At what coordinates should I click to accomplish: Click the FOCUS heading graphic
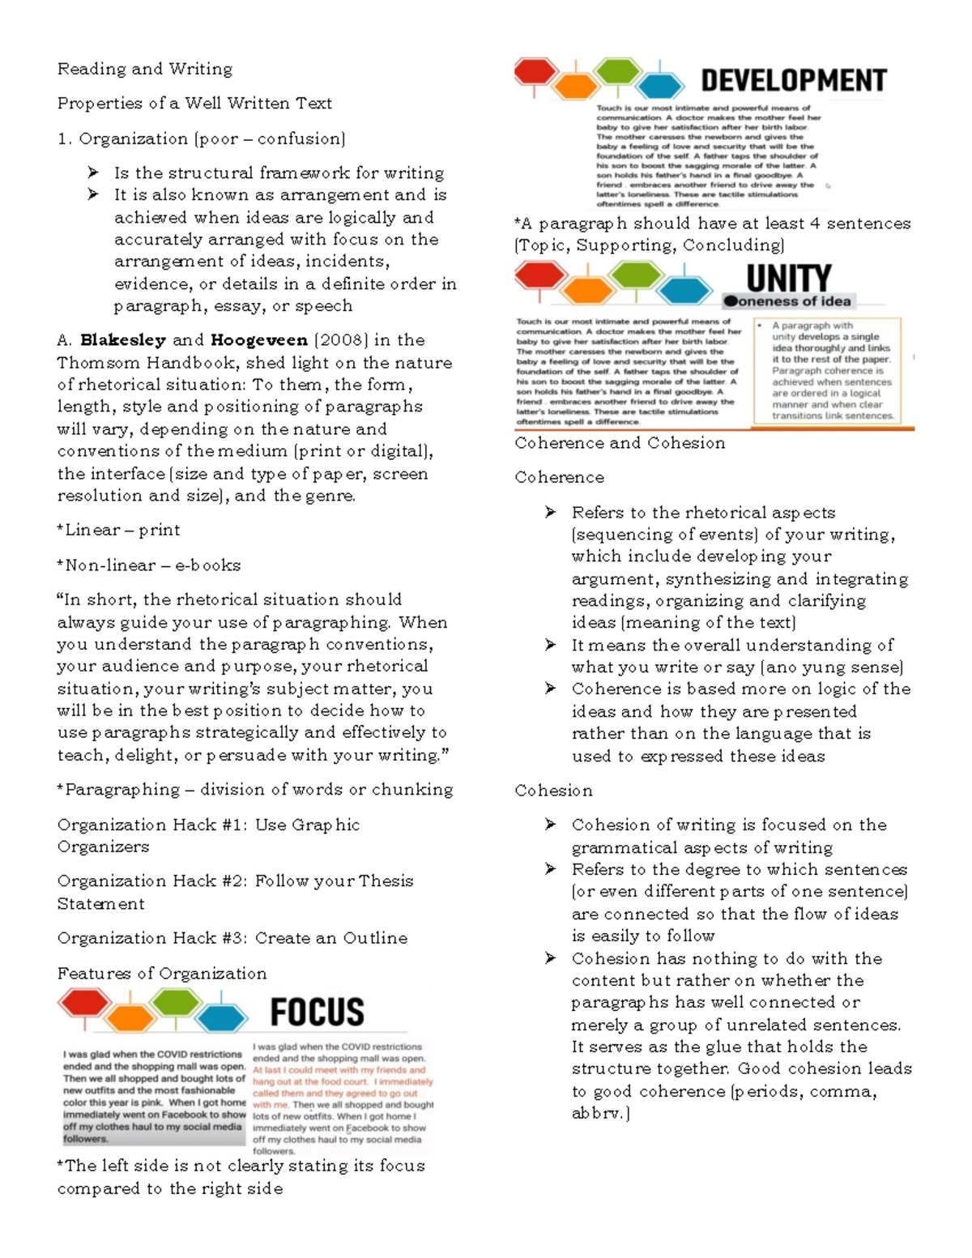pyautogui.click(x=317, y=1012)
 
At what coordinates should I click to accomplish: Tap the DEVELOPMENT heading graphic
pyautogui.click(x=793, y=81)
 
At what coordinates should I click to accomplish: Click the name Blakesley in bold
pyautogui.click(x=123, y=340)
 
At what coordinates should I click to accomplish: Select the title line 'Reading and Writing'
pyautogui.click(x=145, y=69)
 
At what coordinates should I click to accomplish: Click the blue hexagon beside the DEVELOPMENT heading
pyautogui.click(x=661, y=84)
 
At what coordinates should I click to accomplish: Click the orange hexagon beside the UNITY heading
pyautogui.click(x=587, y=289)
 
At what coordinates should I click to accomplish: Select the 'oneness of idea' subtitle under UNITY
pyautogui.click(x=787, y=301)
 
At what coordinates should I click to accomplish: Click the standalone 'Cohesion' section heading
pyautogui.click(x=553, y=791)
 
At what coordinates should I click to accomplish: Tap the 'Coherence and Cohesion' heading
pyautogui.click(x=620, y=443)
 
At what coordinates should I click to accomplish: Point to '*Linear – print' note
pyautogui.click(x=118, y=530)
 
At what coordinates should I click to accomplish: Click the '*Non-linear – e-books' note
pyautogui.click(x=149, y=565)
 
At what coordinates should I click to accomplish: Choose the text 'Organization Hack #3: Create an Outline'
pyautogui.click(x=232, y=938)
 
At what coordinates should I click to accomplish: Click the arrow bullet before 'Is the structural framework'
pyautogui.click(x=93, y=173)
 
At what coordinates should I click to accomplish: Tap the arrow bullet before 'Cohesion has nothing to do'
pyautogui.click(x=551, y=958)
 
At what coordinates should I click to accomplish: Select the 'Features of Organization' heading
pyautogui.click(x=162, y=974)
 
